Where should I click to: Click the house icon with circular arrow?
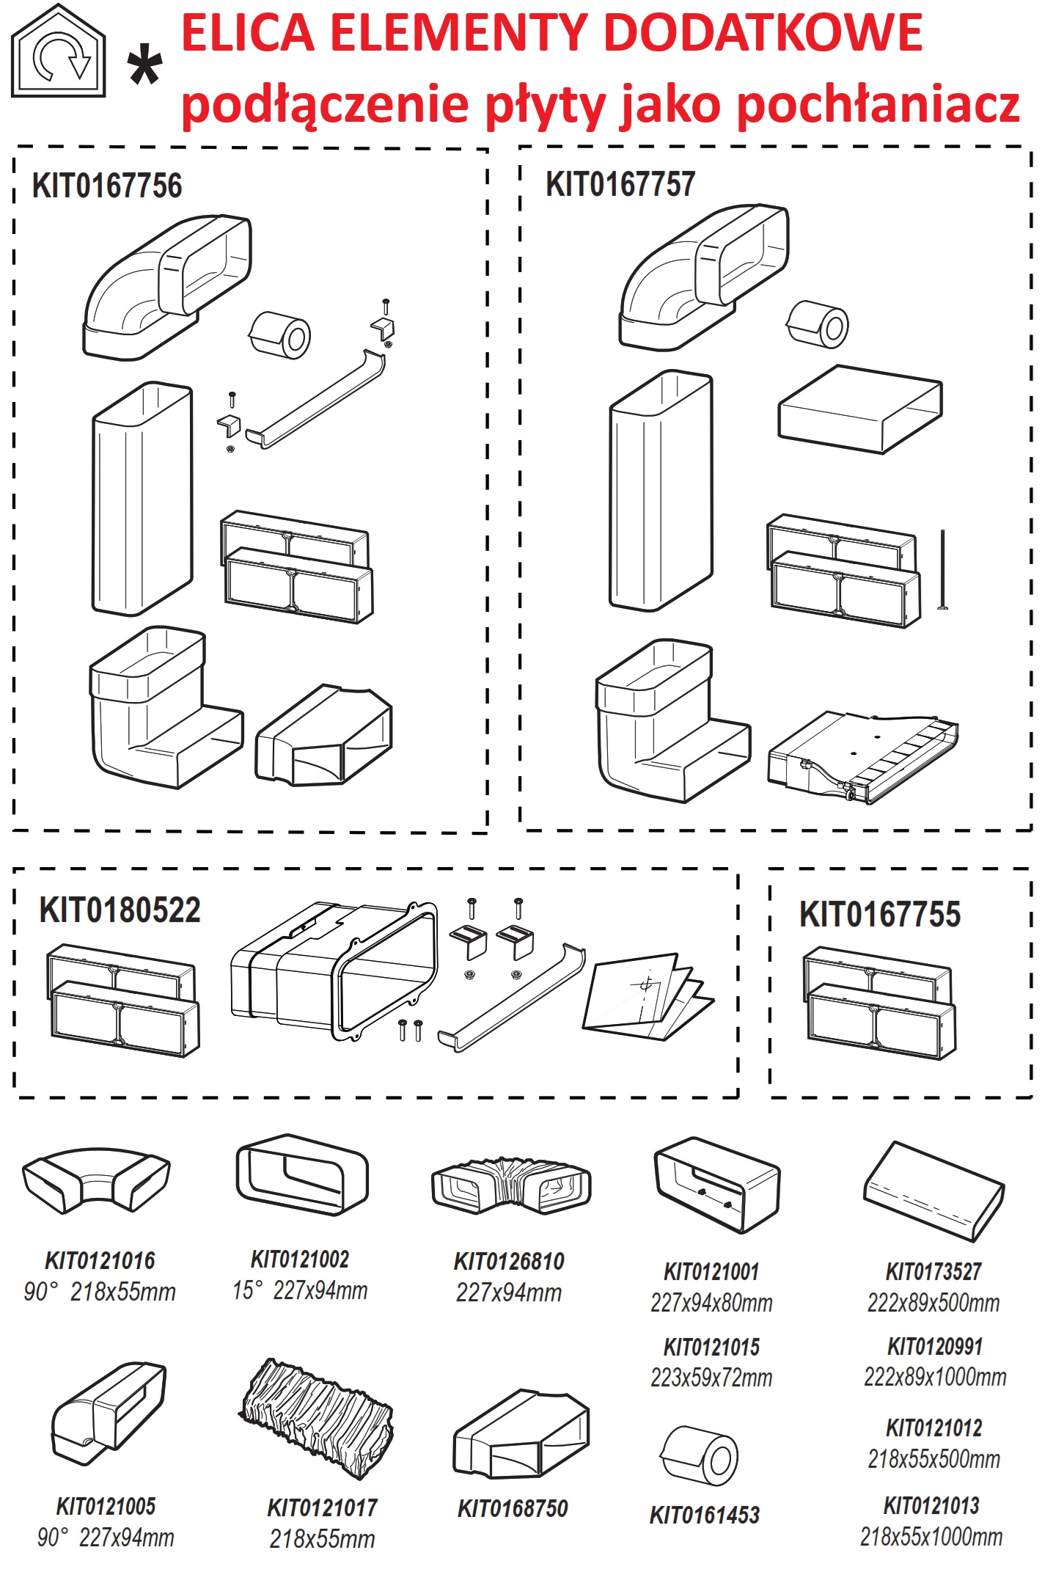59,51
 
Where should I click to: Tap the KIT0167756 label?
107,185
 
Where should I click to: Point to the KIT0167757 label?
620,183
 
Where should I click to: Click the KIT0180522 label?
120,910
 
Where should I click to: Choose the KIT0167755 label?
880,914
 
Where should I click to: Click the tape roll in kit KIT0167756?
280,335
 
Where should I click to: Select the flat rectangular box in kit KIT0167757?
860,408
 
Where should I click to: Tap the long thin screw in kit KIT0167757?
942,569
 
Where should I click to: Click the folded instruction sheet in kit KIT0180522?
648,997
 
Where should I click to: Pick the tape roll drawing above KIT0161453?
700,1457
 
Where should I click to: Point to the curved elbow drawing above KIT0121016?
96,1179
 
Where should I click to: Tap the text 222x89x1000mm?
935,1377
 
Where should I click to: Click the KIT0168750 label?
513,1508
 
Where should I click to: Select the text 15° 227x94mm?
300,1290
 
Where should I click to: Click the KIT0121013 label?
931,1505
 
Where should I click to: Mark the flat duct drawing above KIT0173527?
933,1191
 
